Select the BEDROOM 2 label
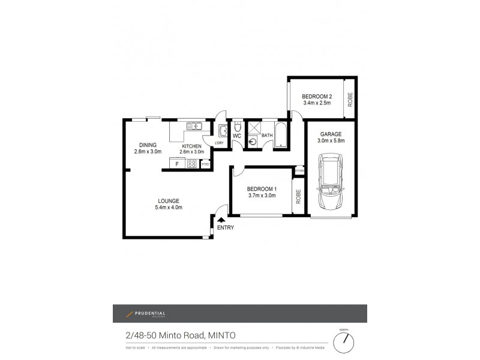click(x=317, y=97)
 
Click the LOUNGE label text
click(x=169, y=201)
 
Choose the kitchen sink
click(x=194, y=126)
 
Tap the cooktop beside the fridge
click(x=193, y=163)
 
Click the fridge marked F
click(x=177, y=163)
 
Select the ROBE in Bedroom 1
click(x=298, y=196)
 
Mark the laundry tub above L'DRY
click(x=223, y=131)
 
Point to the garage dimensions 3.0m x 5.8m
click(x=331, y=141)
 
